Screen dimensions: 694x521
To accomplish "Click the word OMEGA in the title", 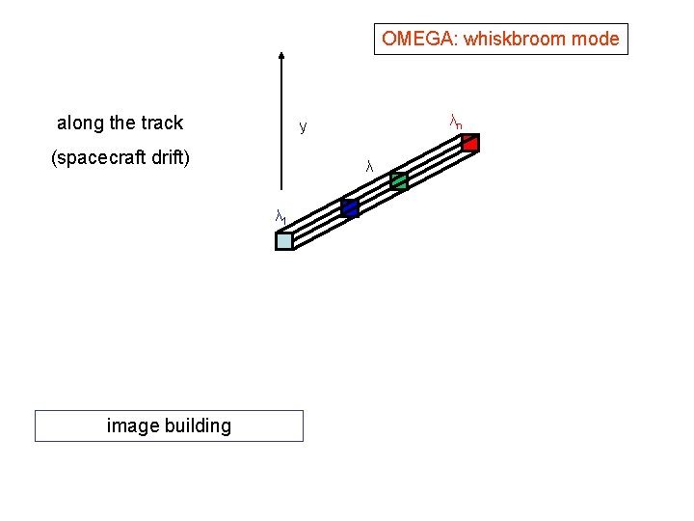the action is pos(412,40).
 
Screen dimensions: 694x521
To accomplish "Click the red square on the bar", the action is pos(469,143).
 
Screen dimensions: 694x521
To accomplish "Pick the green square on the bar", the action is pos(399,179).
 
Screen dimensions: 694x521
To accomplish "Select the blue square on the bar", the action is pos(350,207).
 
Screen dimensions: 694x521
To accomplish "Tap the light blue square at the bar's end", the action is pos(283,241).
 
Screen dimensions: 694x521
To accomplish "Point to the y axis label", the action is pos(303,126).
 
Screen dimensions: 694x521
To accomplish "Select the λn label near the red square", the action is pos(456,122).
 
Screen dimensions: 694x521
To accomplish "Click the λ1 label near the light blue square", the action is pos(280,218).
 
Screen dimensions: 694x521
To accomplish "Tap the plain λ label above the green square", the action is pos(369,167).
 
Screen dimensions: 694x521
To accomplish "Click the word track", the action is pos(161,123).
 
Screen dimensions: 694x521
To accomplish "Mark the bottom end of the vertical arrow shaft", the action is pos(280,188).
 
